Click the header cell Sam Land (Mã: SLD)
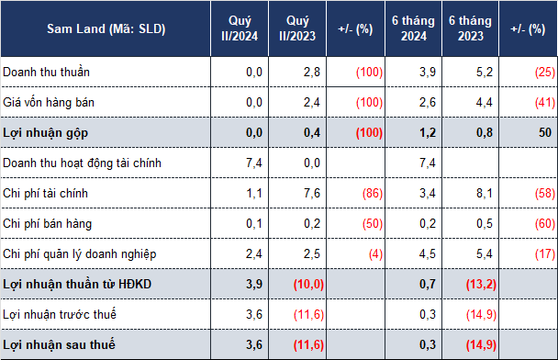click(106, 28)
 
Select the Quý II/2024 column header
click(240, 28)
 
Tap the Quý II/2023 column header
click(297, 28)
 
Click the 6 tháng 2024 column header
click(413, 28)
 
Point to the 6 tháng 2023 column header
click(470, 28)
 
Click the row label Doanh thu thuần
click(46, 72)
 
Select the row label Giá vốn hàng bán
click(49, 103)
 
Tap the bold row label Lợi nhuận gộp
click(45, 133)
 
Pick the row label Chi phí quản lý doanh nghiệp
click(79, 254)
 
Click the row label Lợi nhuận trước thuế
click(60, 314)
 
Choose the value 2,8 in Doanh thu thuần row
click(312, 72)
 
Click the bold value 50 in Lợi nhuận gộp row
click(545, 132)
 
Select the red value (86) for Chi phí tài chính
click(373, 194)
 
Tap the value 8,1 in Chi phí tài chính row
click(485, 194)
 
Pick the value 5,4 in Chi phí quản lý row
click(485, 253)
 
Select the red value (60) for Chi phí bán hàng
click(545, 223)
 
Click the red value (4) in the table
click(375, 253)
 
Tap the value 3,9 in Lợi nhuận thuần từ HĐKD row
click(254, 284)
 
